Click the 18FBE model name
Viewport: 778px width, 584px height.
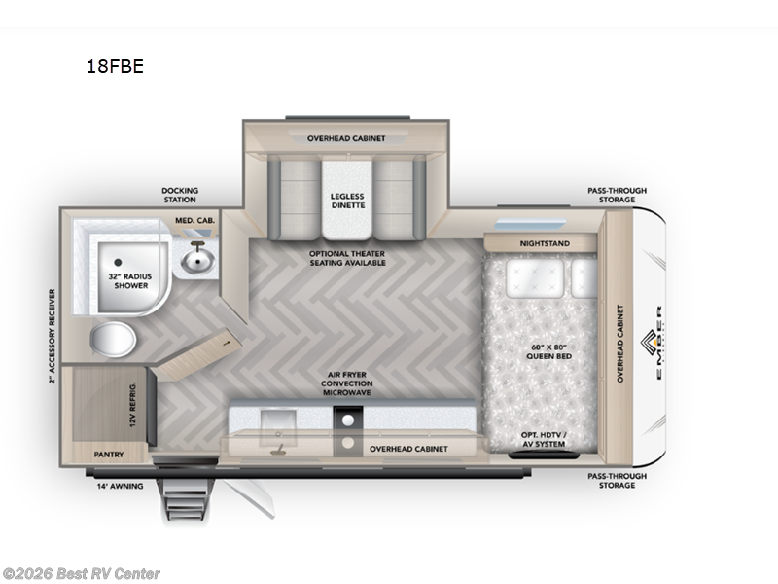(116, 67)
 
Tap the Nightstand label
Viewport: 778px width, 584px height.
(546, 242)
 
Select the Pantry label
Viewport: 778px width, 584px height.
(107, 454)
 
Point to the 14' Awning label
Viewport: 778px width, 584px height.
(122, 485)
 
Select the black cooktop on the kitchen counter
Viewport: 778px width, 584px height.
(347, 420)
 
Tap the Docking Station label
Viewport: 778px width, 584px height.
(179, 194)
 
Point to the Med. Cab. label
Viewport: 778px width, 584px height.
(194, 221)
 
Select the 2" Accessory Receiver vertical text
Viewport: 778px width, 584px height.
(52, 336)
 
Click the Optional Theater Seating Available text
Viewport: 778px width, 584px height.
(346, 257)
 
